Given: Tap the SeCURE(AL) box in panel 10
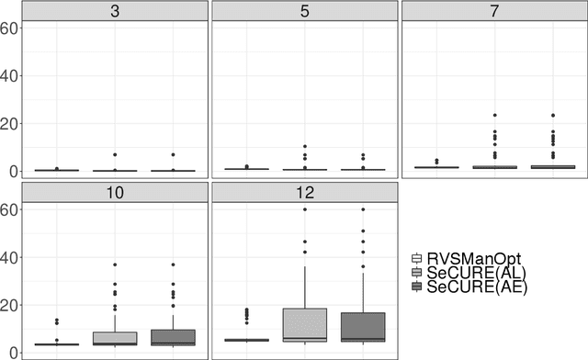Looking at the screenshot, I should (x=114, y=338).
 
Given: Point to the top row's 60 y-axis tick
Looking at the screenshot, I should (x=11, y=28).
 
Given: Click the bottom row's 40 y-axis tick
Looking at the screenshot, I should (x=11, y=257).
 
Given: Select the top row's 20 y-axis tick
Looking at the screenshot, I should (x=11, y=124).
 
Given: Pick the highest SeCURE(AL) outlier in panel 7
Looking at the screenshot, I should (x=493, y=116).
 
